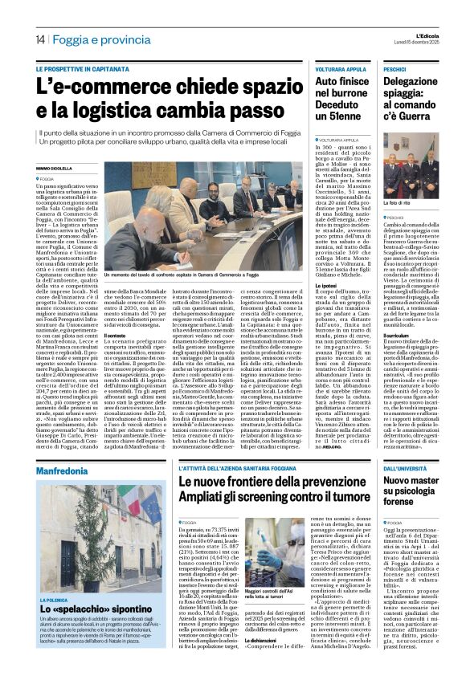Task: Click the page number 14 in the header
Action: point(39,40)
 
